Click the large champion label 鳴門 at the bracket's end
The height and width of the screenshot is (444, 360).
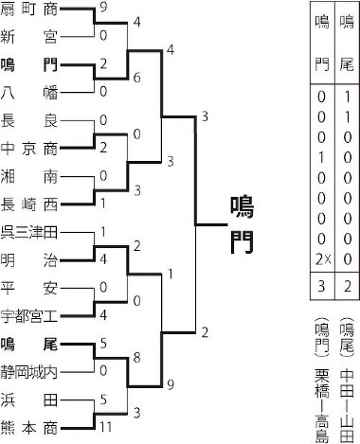(242, 222)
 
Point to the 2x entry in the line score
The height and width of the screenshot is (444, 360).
(323, 258)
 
